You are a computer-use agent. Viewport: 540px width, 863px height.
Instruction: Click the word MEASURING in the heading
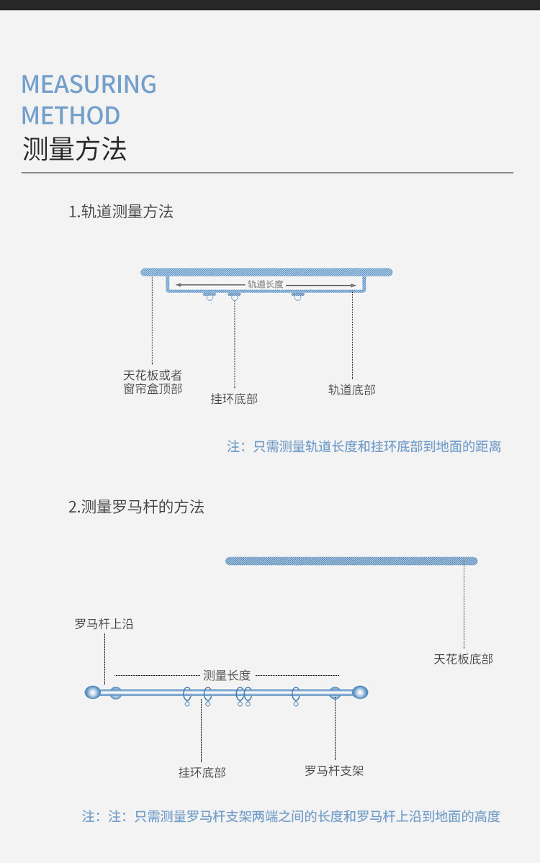(89, 84)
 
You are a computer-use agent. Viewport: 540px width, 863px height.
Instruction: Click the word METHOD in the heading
(71, 115)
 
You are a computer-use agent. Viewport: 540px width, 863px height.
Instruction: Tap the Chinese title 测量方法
(74, 149)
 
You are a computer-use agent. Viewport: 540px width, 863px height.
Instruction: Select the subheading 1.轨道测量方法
(121, 212)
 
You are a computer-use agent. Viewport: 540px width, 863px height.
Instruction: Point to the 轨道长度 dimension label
(265, 284)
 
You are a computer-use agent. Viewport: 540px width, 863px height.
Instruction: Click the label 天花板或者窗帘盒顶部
(153, 382)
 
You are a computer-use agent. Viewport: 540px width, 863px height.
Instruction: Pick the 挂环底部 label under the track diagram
(234, 398)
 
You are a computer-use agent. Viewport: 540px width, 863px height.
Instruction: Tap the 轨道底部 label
(352, 389)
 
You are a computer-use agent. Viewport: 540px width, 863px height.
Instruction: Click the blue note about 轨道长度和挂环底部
(364, 446)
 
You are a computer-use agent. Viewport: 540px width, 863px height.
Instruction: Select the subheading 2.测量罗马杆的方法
(137, 507)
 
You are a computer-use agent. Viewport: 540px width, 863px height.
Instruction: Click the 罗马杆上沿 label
(104, 624)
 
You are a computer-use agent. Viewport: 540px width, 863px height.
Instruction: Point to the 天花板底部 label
(464, 659)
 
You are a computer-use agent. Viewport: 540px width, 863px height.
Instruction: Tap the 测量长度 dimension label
(227, 675)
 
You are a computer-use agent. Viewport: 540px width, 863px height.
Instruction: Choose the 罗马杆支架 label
(334, 771)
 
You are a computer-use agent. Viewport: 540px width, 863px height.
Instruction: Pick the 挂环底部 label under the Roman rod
(202, 772)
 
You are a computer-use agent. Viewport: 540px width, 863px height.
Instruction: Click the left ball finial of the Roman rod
(92, 692)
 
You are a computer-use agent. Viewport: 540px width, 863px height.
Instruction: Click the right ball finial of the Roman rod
(361, 692)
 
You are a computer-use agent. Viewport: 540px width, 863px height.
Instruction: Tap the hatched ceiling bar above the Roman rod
(351, 561)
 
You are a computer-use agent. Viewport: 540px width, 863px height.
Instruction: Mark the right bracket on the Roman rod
(335, 692)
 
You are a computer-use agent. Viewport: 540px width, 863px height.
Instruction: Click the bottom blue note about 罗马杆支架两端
(291, 816)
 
